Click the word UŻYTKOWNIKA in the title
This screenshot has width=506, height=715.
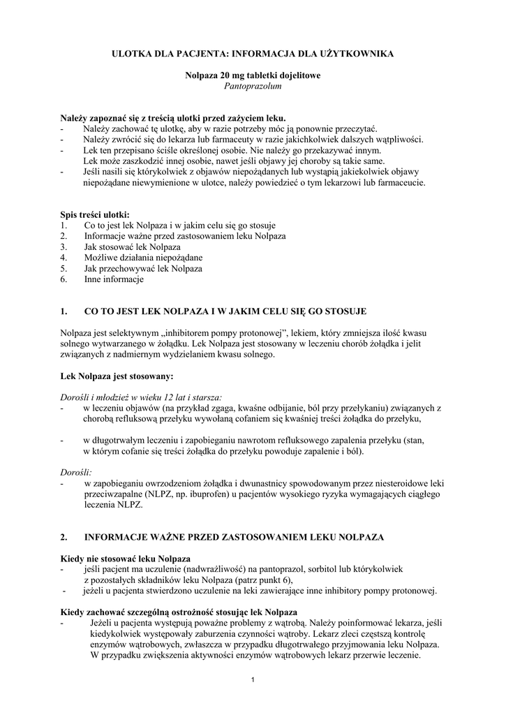click(359, 53)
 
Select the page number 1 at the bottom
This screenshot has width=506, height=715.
click(253, 679)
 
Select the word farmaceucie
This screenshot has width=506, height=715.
click(402, 183)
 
